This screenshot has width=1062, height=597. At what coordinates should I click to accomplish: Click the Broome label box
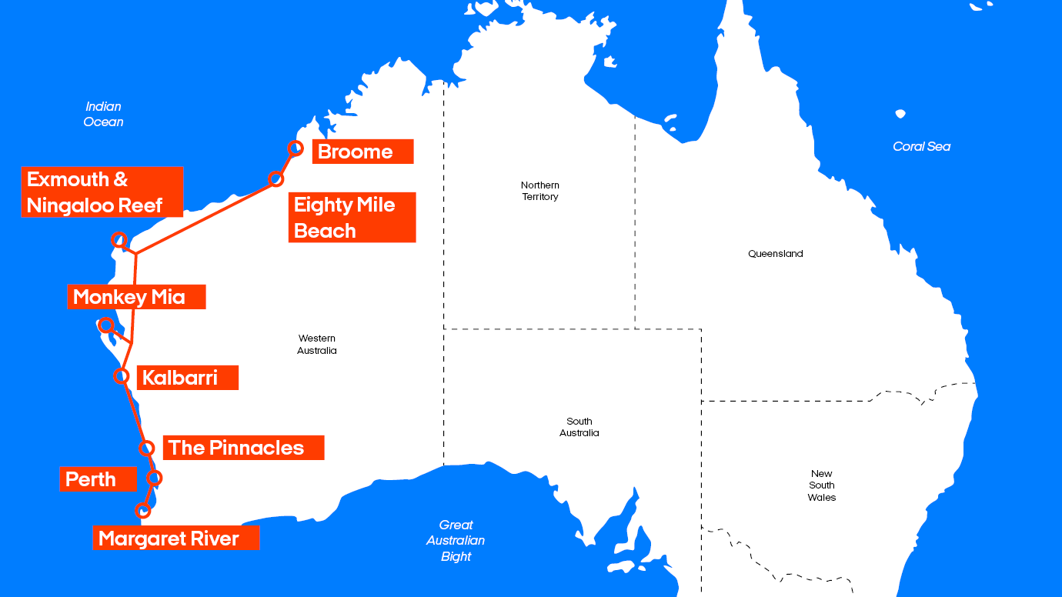coord(362,152)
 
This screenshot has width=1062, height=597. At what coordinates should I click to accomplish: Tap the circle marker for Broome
coord(295,148)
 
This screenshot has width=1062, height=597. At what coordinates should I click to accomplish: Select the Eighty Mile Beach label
coord(352,217)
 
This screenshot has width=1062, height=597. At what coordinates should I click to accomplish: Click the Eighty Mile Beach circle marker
coord(276,178)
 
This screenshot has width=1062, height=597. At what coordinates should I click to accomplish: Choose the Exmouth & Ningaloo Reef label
coord(102,192)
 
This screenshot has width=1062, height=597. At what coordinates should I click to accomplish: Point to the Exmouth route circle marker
coord(119,239)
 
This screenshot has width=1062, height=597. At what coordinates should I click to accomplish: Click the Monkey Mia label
coord(136,297)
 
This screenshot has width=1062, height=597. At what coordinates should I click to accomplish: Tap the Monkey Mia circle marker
coord(107,325)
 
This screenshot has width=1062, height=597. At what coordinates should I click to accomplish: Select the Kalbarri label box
coord(187,378)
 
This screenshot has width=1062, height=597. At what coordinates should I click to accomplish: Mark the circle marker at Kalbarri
coord(121,375)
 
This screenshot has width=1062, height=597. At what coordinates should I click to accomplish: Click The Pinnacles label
coord(243,448)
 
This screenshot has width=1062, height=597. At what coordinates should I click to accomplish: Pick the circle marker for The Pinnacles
coord(146,448)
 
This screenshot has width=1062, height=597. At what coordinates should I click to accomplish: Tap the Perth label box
coord(98,479)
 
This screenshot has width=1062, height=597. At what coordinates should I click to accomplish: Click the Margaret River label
coord(175,539)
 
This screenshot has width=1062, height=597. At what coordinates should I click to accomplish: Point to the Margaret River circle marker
coord(142,510)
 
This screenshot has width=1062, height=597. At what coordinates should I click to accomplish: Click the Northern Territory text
coord(540,191)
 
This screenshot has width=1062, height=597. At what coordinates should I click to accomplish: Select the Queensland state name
coord(775,254)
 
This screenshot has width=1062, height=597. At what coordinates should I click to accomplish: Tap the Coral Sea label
coord(921,146)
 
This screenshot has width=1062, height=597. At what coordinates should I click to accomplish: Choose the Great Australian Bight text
coord(456,540)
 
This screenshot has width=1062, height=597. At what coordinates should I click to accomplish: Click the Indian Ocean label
coord(103,114)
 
